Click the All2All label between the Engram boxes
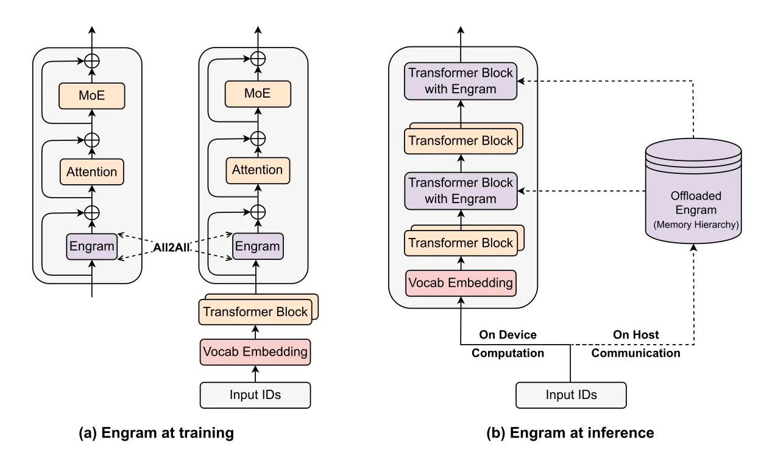coord(171,248)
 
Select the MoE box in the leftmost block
coord(91,96)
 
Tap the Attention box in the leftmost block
coord(91,172)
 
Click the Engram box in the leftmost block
coord(91,246)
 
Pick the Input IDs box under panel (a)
coord(255,395)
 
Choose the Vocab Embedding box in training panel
coord(255,352)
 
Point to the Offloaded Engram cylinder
coord(693,190)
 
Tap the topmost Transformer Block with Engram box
coord(461,81)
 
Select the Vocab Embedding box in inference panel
coord(461,283)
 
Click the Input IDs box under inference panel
coord(571,395)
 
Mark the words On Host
coord(636,335)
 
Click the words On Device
coord(508,335)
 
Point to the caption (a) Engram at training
coord(157,433)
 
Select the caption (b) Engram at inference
coord(570,433)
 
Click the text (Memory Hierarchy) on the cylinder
coord(696,224)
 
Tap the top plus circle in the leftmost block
coord(92,61)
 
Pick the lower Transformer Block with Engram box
coord(461,191)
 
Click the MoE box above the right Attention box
coord(258,94)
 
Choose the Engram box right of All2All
coord(258,246)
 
